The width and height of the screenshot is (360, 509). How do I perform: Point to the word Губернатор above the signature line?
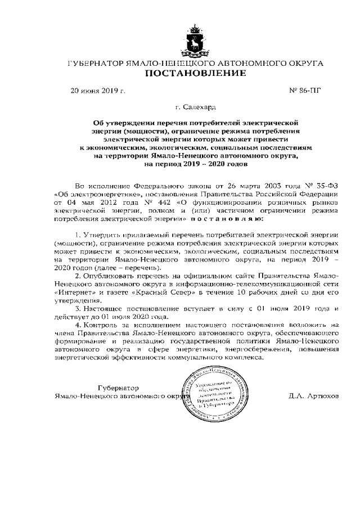(x=118, y=388)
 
